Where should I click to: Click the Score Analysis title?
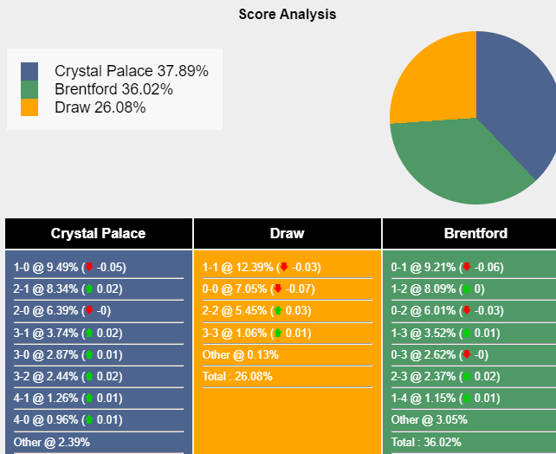tap(288, 15)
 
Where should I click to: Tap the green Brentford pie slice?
tap(459, 160)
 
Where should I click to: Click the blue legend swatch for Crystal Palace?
tap(29, 71)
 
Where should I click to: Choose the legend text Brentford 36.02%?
tap(113, 89)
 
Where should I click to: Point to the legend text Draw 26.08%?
tap(100, 107)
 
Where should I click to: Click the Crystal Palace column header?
tap(98, 233)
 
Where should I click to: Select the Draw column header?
tap(287, 233)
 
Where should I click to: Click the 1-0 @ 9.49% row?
tap(69, 268)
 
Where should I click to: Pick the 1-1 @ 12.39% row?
tap(261, 268)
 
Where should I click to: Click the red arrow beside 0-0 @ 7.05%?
tap(278, 289)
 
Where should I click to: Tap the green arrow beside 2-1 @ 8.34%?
tap(87, 289)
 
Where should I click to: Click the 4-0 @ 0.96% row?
tap(68, 419)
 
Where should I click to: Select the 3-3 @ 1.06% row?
tap(257, 333)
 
